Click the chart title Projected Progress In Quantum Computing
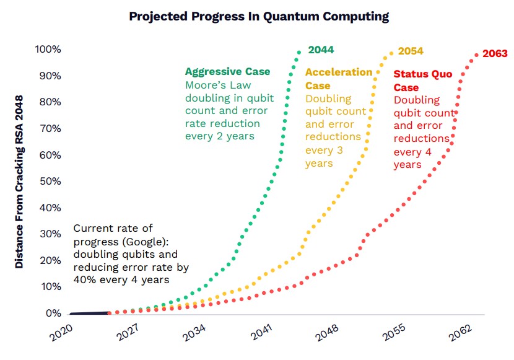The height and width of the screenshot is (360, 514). [x=259, y=17]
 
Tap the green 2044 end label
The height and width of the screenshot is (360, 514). [x=321, y=50]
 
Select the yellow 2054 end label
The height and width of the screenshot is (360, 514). [x=411, y=51]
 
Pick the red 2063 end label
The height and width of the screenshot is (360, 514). [x=495, y=54]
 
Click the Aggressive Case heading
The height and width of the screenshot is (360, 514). [x=228, y=71]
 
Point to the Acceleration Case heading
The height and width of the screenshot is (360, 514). [x=338, y=78]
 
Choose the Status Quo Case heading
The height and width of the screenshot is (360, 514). [x=423, y=81]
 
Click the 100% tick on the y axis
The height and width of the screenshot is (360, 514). [x=48, y=50]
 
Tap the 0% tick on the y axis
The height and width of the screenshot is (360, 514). [x=53, y=314]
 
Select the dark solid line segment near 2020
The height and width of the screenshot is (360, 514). [x=90, y=314]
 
